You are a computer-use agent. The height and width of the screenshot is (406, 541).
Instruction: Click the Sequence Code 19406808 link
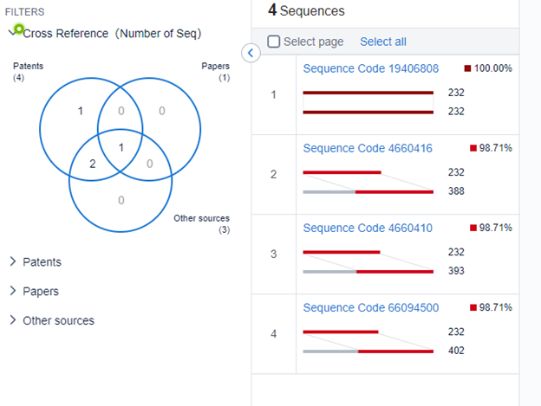click(371, 68)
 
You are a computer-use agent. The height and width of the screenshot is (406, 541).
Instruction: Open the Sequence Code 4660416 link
click(368, 148)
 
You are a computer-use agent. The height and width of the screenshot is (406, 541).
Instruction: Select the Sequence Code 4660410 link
click(368, 228)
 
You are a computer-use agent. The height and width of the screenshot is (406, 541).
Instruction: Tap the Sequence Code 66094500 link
click(371, 307)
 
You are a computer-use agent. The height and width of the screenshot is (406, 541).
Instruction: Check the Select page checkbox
click(274, 42)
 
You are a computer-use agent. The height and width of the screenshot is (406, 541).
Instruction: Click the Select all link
click(383, 42)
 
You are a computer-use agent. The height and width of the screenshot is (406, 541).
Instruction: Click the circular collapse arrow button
click(251, 53)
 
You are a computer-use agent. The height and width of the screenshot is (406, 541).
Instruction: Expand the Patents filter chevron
click(13, 261)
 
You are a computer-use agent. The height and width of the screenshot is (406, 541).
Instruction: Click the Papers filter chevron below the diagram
click(13, 291)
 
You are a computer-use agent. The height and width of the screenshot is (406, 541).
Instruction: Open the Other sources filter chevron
click(13, 320)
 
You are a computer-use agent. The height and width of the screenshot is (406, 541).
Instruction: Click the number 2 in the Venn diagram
click(93, 164)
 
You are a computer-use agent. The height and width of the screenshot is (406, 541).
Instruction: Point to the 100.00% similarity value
click(492, 68)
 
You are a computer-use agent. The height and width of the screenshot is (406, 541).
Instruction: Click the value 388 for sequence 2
click(456, 190)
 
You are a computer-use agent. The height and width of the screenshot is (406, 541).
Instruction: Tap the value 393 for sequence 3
click(456, 271)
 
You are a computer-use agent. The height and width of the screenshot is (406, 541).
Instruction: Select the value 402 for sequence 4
click(456, 351)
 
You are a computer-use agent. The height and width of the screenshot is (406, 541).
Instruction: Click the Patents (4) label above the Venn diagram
click(29, 72)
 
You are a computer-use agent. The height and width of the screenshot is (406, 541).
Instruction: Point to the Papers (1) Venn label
click(216, 72)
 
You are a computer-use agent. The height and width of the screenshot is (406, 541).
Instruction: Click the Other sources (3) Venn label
click(201, 224)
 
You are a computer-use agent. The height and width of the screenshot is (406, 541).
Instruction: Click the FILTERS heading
click(25, 12)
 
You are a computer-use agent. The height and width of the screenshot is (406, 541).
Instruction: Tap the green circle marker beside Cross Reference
click(19, 29)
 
